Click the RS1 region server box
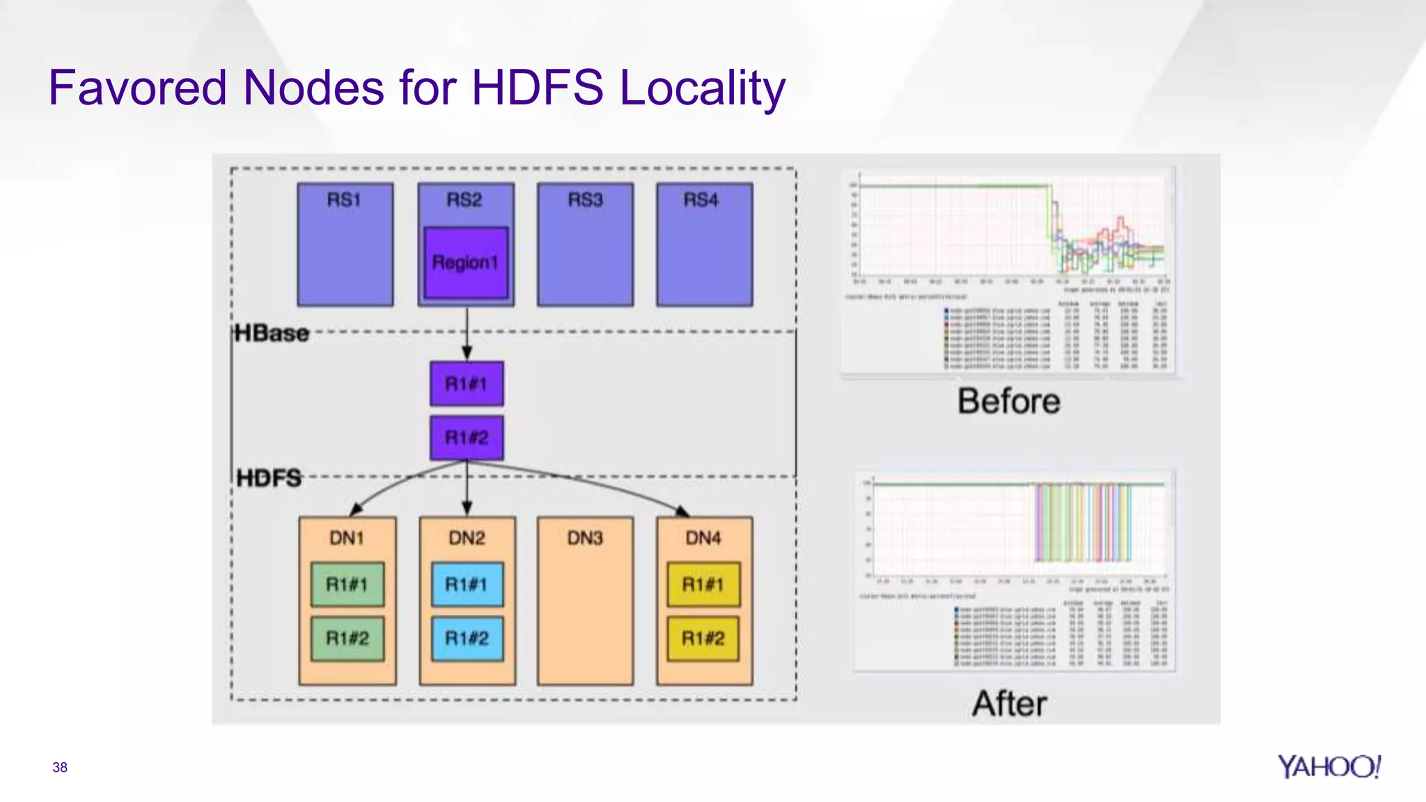click(x=345, y=245)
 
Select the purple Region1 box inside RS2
click(x=466, y=262)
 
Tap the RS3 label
click(x=585, y=200)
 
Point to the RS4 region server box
click(x=704, y=245)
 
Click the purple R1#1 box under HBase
click(x=467, y=384)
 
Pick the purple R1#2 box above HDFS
click(x=467, y=438)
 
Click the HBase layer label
click(x=272, y=333)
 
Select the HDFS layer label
click(x=269, y=478)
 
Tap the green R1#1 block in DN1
click(x=347, y=584)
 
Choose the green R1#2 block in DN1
click(x=347, y=638)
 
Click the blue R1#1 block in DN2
click(x=467, y=584)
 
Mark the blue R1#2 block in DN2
click(x=467, y=638)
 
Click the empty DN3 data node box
click(x=585, y=613)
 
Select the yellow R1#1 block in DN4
click(x=703, y=584)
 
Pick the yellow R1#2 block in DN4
click(x=703, y=638)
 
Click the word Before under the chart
click(x=1008, y=402)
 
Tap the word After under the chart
click(x=1009, y=704)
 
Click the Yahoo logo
click(x=1329, y=766)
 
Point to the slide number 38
click(x=60, y=767)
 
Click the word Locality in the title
click(x=702, y=88)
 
